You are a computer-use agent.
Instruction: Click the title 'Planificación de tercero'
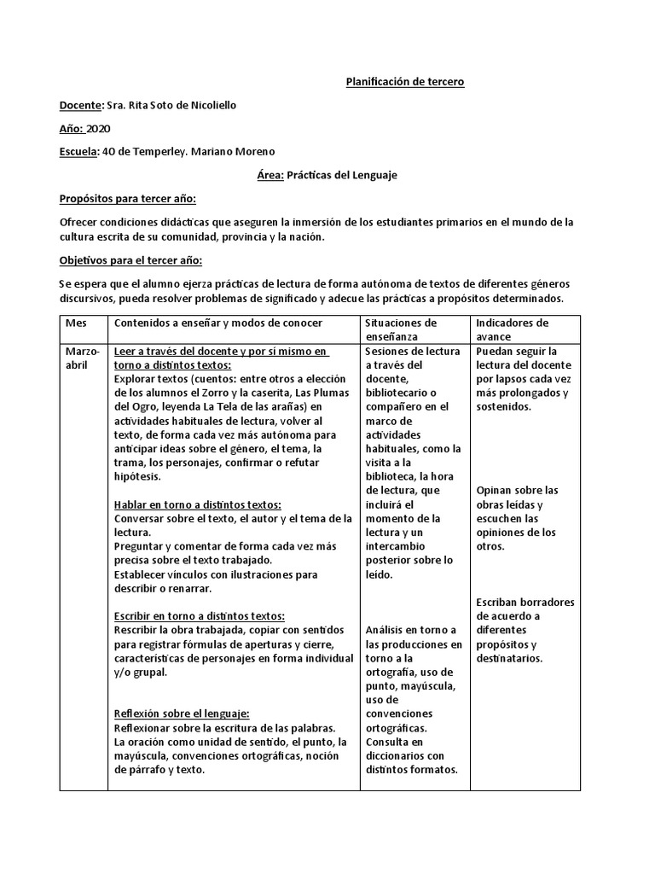404,82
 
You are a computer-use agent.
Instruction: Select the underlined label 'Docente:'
80,105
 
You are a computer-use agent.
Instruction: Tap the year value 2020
100,128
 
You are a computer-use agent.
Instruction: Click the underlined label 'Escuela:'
79,152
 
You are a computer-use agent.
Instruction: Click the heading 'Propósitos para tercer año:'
127,199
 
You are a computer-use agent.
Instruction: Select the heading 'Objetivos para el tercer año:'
130,260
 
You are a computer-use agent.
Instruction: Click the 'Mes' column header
76,323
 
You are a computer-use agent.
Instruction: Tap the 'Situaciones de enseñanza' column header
401,330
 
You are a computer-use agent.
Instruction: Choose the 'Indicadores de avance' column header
512,330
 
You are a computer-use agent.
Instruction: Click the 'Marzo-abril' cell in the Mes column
82,358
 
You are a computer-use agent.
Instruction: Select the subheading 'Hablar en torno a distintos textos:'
197,504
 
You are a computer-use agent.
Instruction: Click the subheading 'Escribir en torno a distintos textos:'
200,615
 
